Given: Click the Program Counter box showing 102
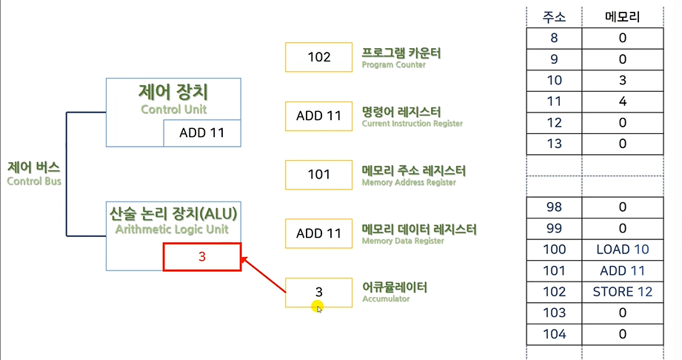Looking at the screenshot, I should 318,57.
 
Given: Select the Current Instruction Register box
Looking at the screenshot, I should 318,116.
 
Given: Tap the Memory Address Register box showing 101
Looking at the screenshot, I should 318,175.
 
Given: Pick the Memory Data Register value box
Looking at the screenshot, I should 318,233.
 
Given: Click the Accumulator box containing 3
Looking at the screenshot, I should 318,292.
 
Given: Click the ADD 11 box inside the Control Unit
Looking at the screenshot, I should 201,134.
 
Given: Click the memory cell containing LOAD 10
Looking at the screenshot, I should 622,250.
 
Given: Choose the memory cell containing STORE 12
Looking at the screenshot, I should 622,292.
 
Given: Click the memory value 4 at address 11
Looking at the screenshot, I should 622,101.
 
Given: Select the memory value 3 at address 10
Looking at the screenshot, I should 622,80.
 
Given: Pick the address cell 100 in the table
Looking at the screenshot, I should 554,250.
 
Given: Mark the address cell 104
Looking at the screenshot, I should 554,334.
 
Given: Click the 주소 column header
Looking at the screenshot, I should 554,16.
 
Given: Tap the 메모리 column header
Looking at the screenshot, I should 622,16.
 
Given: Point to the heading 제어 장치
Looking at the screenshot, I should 173,93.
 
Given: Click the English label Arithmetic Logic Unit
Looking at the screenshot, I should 173,230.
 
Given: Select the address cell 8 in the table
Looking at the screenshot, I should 554,38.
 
